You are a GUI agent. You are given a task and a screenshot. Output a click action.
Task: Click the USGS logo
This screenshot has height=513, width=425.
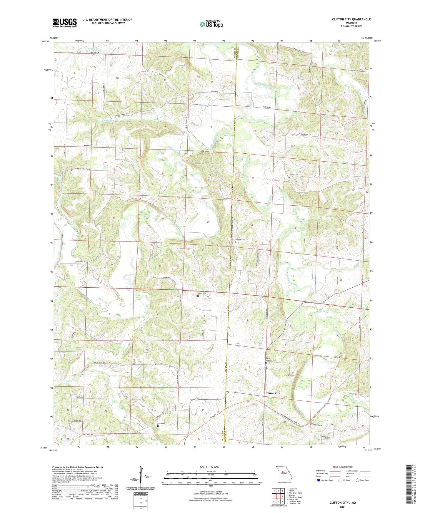64,23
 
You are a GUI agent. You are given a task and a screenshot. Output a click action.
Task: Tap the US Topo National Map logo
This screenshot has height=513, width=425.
211,24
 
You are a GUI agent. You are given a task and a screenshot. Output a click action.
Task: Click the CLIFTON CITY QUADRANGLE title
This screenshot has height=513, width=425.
351,19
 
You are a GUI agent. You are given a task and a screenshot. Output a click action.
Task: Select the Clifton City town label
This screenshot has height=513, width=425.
273,393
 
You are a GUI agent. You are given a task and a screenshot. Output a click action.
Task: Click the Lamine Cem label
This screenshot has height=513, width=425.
240,239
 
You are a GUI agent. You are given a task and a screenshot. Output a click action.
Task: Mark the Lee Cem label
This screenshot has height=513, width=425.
161,423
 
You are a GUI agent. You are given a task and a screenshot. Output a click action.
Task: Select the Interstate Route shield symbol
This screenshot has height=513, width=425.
319,480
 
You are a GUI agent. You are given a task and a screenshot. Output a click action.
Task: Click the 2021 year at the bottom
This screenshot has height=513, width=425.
343,507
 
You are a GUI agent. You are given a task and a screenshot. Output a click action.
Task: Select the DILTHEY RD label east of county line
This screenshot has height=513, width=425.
267,108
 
